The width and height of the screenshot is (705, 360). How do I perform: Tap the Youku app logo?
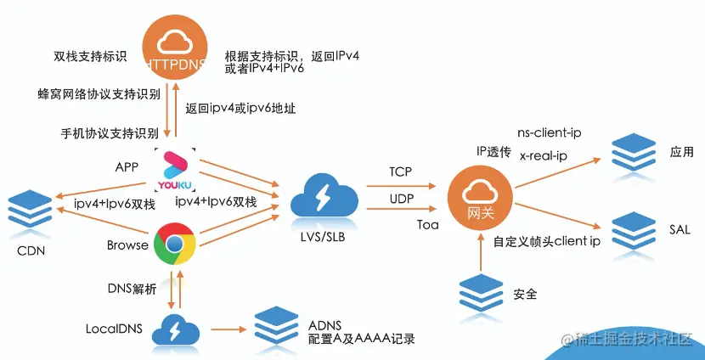176,169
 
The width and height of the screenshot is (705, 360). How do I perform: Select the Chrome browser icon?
176,245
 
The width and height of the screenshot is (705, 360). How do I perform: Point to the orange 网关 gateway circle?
481,199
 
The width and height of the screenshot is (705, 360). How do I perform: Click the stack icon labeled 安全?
480,294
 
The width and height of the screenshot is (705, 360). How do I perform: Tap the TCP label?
401,172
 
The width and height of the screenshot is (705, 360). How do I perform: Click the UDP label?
401,198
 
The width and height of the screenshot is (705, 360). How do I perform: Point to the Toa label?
427,225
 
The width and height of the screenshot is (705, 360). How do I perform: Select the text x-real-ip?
543,155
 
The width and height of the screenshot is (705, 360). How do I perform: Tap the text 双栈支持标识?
89,58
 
